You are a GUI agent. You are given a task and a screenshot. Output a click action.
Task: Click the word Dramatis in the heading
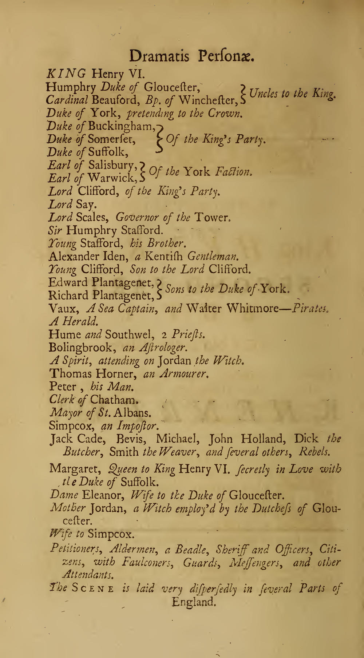pyautogui.click(x=159, y=57)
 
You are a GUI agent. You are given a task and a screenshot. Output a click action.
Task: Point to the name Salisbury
pyautogui.click(x=113, y=165)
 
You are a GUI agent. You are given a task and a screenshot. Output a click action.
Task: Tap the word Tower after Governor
pyautogui.click(x=213, y=218)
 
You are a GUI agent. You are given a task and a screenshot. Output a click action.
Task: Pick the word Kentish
pyautogui.click(x=165, y=256)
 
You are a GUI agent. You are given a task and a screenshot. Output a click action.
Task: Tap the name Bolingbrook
pyautogui.click(x=81, y=347)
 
